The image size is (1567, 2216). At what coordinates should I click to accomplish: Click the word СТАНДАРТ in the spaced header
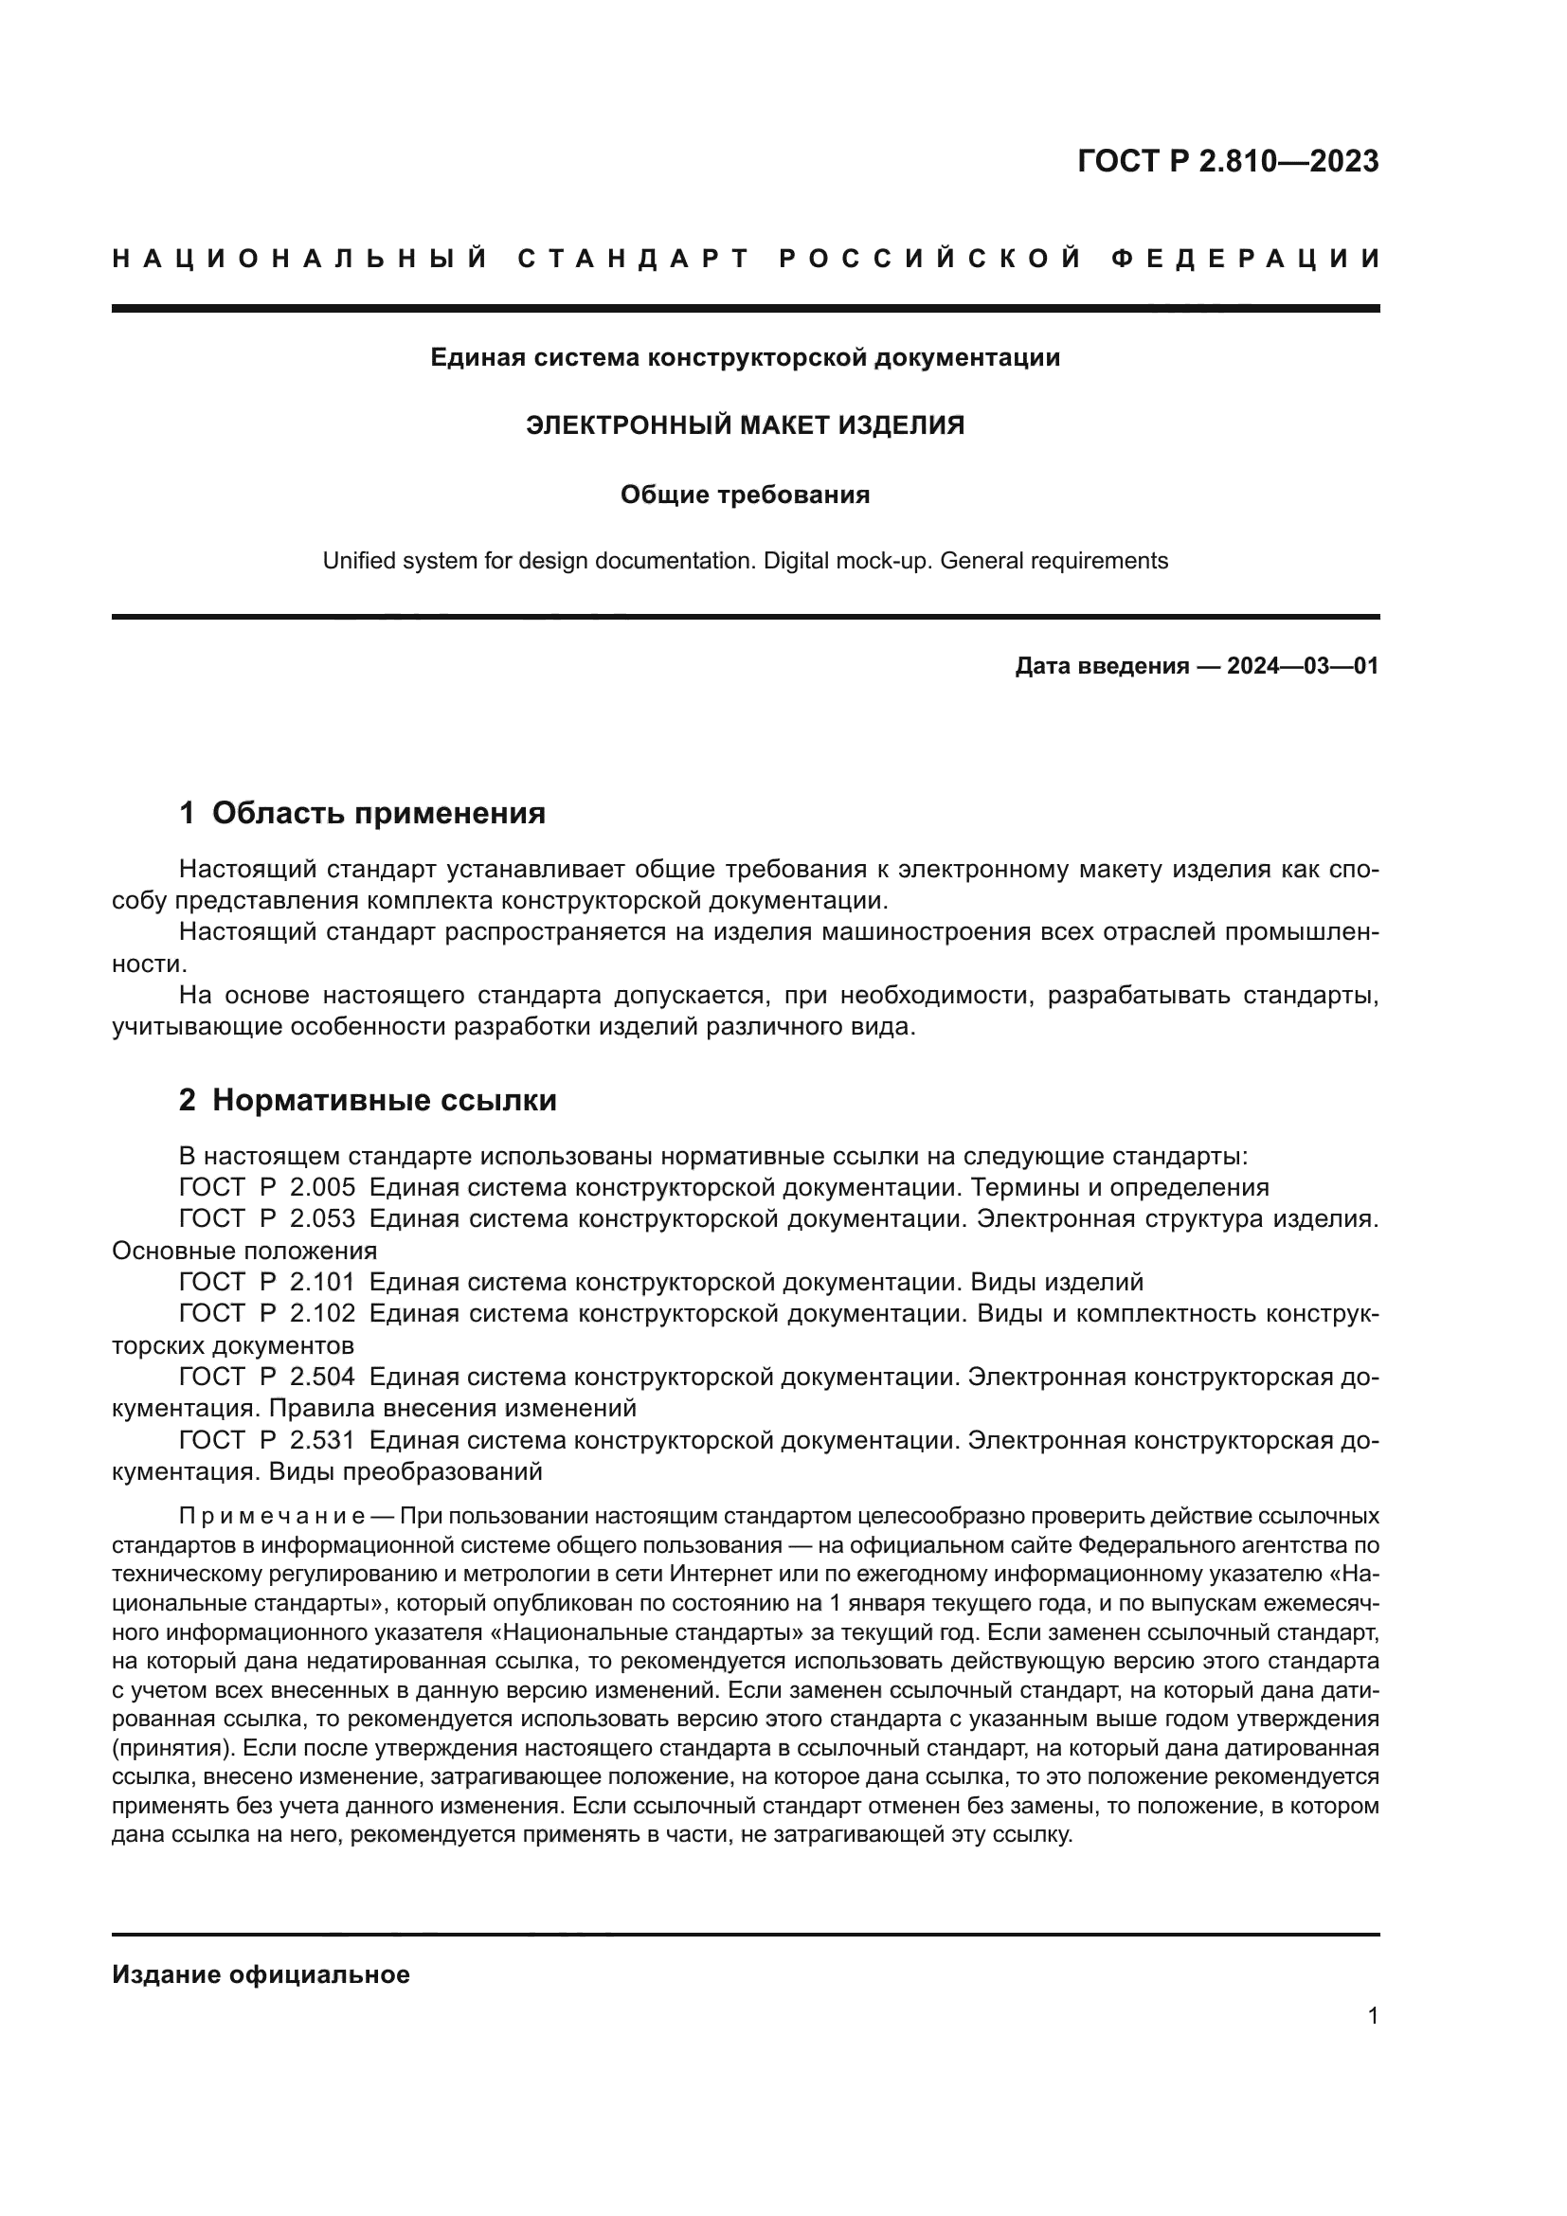[x=634, y=259]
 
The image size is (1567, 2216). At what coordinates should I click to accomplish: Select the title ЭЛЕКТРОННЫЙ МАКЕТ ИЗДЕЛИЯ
[x=745, y=425]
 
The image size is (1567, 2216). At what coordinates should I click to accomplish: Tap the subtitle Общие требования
[x=745, y=495]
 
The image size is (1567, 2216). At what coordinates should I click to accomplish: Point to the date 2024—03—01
[x=1302, y=666]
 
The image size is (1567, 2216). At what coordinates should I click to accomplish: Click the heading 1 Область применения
[x=362, y=813]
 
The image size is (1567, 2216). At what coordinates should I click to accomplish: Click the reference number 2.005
[x=322, y=1187]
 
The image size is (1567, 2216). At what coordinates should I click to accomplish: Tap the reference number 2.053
[x=322, y=1219]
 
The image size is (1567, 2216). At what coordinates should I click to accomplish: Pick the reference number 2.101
[x=322, y=1282]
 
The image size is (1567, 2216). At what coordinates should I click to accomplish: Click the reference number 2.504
[x=322, y=1377]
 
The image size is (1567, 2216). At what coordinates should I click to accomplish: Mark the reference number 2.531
[x=322, y=1440]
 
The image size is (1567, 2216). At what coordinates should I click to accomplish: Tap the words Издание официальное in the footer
[x=261, y=1974]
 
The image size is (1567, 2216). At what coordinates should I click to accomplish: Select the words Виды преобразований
[x=405, y=1472]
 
